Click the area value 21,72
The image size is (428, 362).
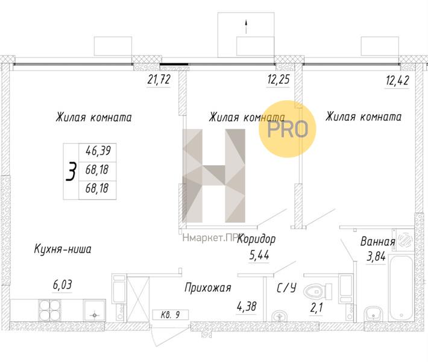159,80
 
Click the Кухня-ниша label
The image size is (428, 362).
63,249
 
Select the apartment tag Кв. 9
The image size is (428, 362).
171,314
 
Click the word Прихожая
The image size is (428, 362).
208,288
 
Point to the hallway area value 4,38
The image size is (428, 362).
247,306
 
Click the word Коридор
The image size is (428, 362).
256,240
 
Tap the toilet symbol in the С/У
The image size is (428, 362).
317,291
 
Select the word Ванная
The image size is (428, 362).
377,242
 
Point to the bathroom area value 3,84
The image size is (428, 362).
377,257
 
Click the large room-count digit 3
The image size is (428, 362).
71,172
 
